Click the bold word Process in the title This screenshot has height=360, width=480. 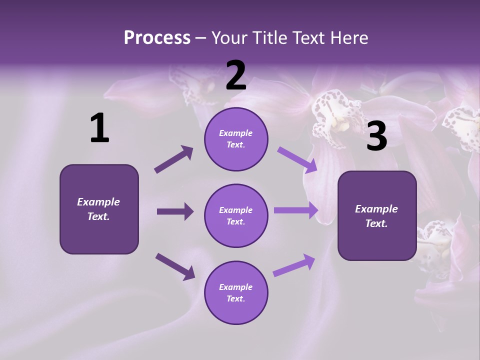157,38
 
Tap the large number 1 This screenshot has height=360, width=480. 99,128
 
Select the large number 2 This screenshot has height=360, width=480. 236,75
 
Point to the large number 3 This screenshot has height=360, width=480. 376,136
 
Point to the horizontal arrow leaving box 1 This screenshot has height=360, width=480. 175,211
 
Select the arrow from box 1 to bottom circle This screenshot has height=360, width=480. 175,266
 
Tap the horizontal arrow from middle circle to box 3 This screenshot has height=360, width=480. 296,210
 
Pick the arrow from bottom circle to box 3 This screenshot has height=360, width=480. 294,265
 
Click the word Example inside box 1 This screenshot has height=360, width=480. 98,202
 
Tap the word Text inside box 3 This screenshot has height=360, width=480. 376,223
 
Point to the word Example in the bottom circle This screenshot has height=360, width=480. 236,287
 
